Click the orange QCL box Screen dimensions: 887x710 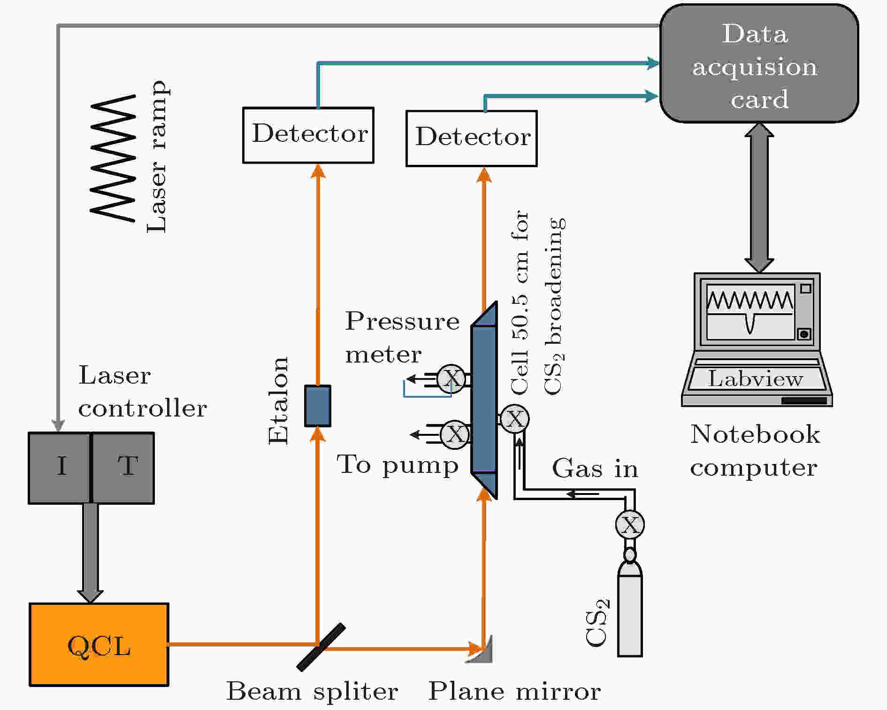(x=99, y=645)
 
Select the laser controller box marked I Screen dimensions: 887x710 (x=59, y=468)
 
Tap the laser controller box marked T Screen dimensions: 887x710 (x=123, y=468)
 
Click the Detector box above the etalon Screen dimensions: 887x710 (x=308, y=135)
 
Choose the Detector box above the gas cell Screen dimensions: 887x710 (x=472, y=139)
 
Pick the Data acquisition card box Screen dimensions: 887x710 (x=759, y=63)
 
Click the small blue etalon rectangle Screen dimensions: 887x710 (x=318, y=406)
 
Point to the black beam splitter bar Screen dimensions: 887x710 (x=321, y=647)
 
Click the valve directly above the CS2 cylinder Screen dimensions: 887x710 (x=630, y=525)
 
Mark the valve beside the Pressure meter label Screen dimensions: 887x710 (x=451, y=378)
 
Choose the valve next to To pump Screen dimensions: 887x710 (x=455, y=434)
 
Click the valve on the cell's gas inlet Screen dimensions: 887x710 (x=515, y=419)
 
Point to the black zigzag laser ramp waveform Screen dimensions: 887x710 (x=113, y=158)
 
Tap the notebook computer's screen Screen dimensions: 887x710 (x=750, y=312)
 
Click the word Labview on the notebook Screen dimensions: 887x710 (x=755, y=378)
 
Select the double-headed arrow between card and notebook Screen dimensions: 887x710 (x=759, y=198)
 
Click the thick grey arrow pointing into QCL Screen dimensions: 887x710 (x=90, y=553)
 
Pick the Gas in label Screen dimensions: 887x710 (x=595, y=469)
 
